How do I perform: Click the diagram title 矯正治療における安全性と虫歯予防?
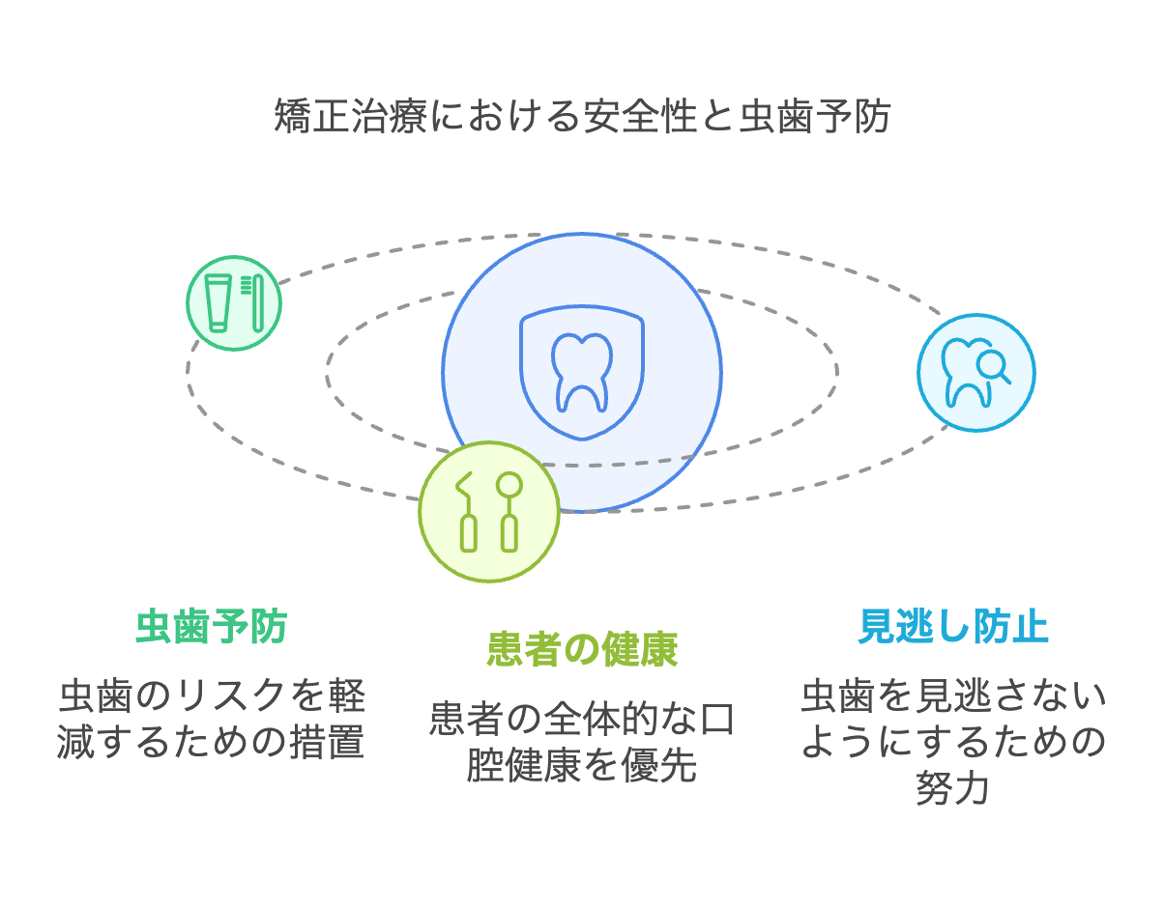(582, 116)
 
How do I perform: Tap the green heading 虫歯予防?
(212, 627)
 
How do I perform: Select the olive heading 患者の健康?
(582, 649)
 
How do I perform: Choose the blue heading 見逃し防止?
(953, 627)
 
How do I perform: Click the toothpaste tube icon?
(218, 303)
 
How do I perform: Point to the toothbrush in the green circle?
(254, 303)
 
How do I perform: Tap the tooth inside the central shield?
(582, 373)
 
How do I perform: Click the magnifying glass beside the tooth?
(993, 366)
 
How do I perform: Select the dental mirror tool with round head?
(509, 512)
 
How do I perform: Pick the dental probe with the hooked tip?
(467, 512)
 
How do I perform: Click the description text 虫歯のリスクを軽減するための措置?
(212, 719)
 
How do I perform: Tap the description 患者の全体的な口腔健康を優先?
(582, 742)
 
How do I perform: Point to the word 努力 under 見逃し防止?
(952, 788)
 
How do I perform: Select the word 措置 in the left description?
(328, 742)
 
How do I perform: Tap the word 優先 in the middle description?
(659, 765)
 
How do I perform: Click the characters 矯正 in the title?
(312, 116)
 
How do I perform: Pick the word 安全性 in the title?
(641, 116)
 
